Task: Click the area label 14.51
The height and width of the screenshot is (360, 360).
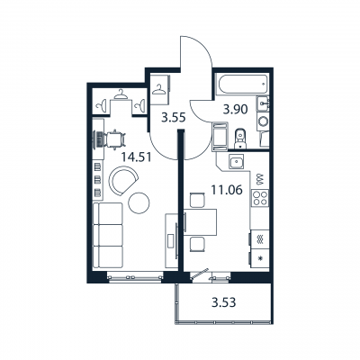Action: (x=133, y=155)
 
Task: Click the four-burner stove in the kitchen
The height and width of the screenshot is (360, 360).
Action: (x=259, y=198)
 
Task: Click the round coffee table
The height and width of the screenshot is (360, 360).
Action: (x=139, y=203)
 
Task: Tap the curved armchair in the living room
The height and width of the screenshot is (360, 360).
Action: (x=120, y=184)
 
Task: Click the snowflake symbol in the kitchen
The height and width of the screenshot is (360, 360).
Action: (x=259, y=259)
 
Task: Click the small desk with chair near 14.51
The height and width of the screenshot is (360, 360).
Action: (x=114, y=139)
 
